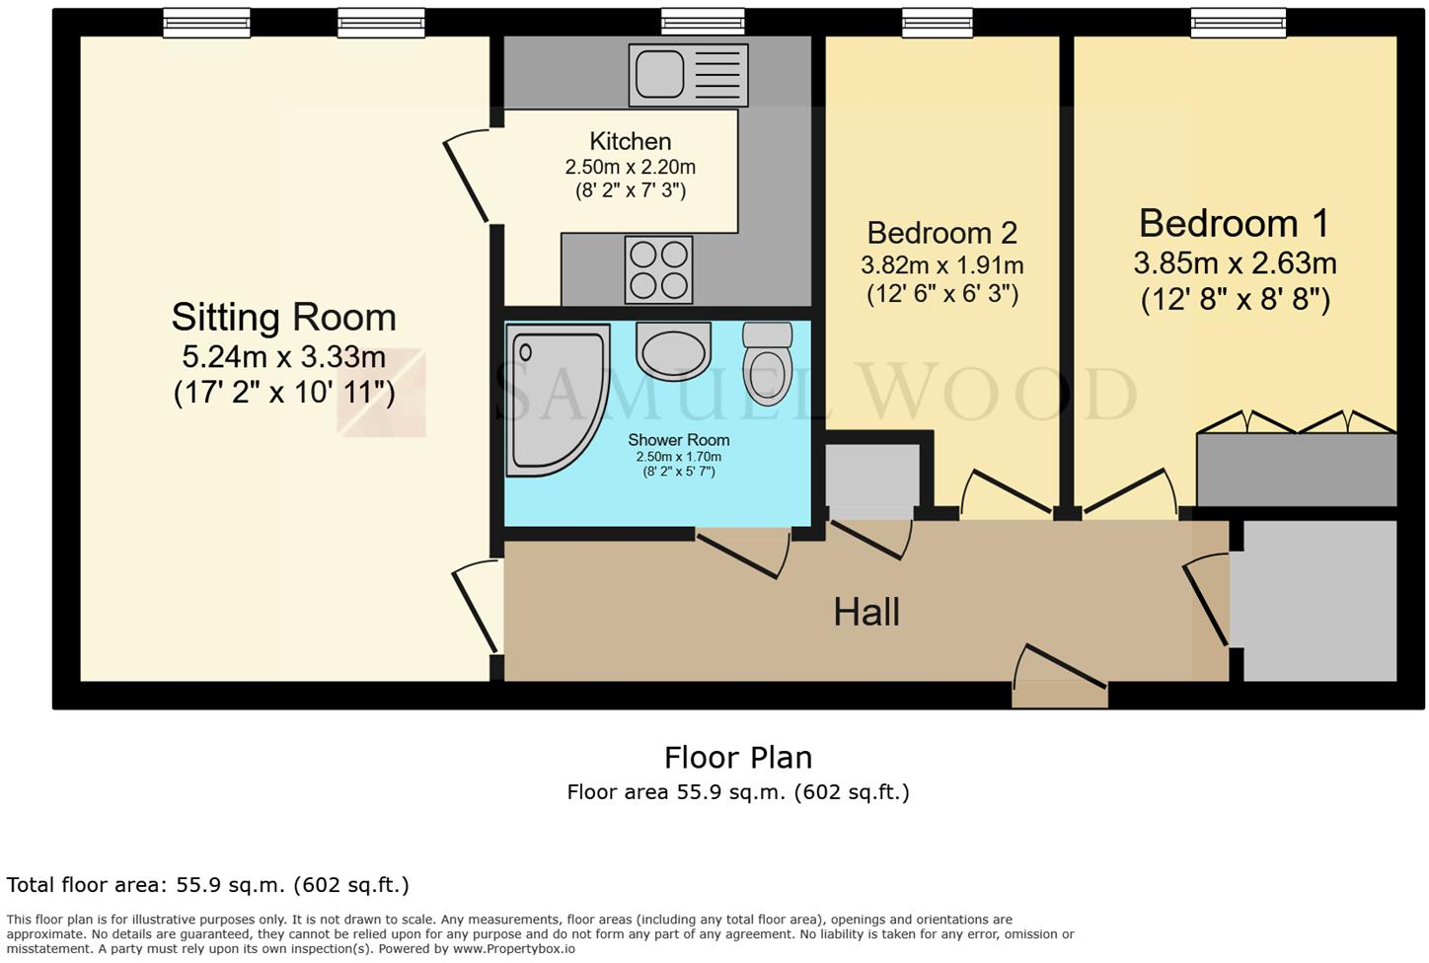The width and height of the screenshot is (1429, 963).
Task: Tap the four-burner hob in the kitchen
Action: click(x=658, y=269)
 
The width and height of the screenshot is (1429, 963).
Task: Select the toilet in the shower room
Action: click(x=767, y=364)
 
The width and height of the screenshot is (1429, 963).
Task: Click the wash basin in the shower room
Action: click(x=674, y=350)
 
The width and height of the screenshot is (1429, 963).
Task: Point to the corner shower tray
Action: click(x=553, y=399)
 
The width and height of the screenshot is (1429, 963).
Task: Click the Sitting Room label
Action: click(x=284, y=318)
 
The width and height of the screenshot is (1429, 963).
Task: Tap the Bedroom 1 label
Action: click(x=1234, y=224)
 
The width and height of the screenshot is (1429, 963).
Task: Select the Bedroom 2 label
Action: click(x=941, y=233)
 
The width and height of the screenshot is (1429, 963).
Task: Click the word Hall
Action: click(x=866, y=613)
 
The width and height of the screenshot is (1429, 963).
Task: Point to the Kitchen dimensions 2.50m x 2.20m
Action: click(x=630, y=167)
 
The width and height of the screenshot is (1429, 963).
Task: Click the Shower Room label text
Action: click(x=678, y=440)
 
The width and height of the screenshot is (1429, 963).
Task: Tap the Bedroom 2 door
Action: click(x=1007, y=492)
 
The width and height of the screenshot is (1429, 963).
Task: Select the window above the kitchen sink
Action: click(x=703, y=22)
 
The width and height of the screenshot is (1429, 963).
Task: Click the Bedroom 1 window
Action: click(x=1238, y=22)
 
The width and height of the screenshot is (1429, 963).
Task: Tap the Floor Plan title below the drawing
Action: click(x=738, y=758)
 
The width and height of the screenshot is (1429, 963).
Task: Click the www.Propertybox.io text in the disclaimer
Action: click(x=513, y=949)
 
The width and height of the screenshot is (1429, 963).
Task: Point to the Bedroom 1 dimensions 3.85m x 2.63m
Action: click(x=1235, y=263)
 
